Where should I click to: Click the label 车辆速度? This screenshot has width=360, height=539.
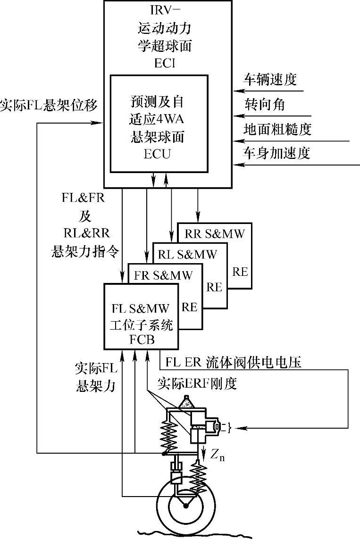point(270,80)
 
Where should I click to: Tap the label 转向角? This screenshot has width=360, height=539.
point(264,104)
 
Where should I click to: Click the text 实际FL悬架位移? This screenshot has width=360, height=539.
point(49,105)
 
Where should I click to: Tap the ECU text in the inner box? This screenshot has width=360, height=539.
point(157,154)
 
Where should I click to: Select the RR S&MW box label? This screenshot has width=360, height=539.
point(215,234)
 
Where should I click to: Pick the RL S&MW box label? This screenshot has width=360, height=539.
point(187,254)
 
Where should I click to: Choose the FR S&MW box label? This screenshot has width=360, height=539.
point(163,275)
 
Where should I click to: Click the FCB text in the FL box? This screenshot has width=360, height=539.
point(142,340)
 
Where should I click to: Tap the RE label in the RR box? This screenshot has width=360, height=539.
point(240,272)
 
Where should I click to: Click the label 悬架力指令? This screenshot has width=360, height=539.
point(85,251)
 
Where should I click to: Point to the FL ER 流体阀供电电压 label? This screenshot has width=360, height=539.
point(233,362)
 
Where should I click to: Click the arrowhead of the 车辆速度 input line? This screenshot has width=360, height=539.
point(237,91)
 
